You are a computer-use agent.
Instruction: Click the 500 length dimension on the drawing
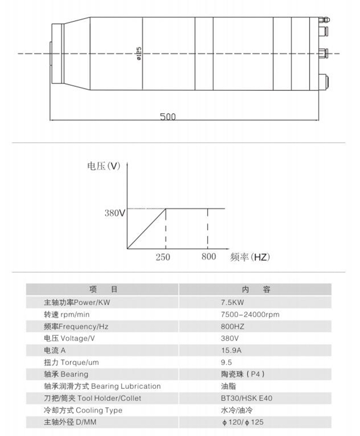168,116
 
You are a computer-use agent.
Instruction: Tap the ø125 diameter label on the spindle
139,54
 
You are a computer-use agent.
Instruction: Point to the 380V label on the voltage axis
115,213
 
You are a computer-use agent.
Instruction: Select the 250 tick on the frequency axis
163,257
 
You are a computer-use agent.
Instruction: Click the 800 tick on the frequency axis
209,257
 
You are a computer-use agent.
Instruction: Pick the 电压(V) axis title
104,166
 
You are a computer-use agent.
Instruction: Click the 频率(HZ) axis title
250,257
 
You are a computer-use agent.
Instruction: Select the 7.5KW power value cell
233,302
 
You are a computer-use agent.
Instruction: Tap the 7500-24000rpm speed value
250,315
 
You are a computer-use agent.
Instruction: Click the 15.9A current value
231,350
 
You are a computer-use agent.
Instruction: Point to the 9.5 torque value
226,362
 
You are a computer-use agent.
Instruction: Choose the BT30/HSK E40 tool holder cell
247,398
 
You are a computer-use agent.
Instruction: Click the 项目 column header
103,290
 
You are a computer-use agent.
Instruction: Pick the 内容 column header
256,290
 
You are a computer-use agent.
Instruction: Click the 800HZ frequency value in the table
233,326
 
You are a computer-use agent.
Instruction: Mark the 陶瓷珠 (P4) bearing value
243,374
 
